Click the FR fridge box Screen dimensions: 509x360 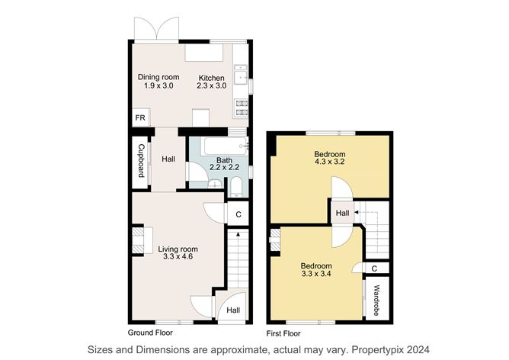[x=140, y=117]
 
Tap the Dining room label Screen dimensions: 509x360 [x=158, y=77]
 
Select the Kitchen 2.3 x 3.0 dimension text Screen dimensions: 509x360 [x=211, y=85]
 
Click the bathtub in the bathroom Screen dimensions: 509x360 [x=226, y=146]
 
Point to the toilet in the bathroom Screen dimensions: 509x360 [x=236, y=187]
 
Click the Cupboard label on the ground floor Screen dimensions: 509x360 [x=141, y=161]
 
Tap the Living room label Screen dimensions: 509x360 [x=178, y=249]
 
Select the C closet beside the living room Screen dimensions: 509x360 [x=238, y=214]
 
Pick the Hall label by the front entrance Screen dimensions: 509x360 [x=233, y=310]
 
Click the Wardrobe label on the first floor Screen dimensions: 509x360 [x=376, y=301]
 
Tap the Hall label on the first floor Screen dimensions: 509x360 [x=342, y=213]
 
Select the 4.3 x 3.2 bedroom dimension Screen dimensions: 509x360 [x=329, y=162]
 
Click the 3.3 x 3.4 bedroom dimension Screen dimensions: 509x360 [x=316, y=274]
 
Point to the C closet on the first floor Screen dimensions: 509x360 [x=375, y=268]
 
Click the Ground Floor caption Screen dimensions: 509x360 [x=150, y=333]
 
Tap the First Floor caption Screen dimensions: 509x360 [x=283, y=333]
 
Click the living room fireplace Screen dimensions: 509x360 [x=142, y=240]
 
